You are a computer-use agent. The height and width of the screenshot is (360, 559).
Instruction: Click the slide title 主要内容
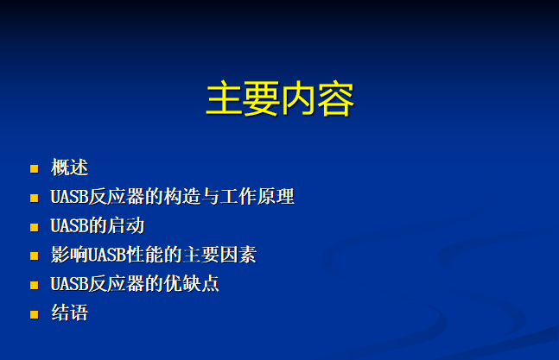(x=280, y=98)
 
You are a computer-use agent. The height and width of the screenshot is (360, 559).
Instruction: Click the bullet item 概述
(x=69, y=167)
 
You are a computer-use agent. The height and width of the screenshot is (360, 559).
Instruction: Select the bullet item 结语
(x=69, y=313)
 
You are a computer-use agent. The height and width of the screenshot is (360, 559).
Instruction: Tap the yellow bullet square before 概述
(x=35, y=168)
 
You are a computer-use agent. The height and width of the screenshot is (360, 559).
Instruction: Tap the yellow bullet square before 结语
(x=35, y=314)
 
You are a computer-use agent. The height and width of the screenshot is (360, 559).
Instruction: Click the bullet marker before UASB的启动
(x=35, y=227)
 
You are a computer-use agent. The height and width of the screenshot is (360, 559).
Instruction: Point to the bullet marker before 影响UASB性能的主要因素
(x=35, y=256)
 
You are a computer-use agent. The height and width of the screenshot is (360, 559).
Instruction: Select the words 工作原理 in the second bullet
(x=257, y=197)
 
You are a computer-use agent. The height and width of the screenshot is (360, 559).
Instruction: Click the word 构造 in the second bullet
(x=182, y=197)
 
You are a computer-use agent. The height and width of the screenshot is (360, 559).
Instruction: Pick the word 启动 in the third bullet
(x=126, y=226)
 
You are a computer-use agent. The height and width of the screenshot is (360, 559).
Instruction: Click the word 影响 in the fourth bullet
(x=69, y=255)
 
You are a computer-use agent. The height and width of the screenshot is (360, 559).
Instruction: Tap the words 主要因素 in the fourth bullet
(x=219, y=255)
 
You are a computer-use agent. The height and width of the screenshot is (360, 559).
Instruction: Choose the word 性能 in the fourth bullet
(x=144, y=255)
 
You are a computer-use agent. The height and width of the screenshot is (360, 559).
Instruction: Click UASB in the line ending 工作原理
(x=69, y=197)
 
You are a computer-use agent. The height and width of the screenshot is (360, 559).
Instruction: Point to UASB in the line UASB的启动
(x=69, y=226)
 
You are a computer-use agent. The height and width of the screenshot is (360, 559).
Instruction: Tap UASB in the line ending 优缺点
(x=69, y=284)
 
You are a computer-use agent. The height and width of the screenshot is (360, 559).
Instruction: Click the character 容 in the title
(x=336, y=99)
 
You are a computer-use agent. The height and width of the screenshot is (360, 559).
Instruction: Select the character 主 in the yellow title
(x=225, y=98)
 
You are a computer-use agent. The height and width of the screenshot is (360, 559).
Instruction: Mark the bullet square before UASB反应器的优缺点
(x=35, y=285)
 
